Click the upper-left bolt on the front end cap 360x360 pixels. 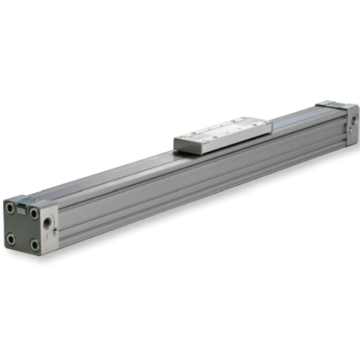pyautogui.click(x=10, y=209)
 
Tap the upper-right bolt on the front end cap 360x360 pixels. pyautogui.click(x=34, y=213)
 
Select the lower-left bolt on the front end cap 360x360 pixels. pyautogui.click(x=10, y=238)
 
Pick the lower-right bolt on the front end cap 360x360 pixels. pyautogui.click(x=34, y=245)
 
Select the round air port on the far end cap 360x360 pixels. pyautogui.click(x=351, y=119)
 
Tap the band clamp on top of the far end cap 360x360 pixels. pyautogui.click(x=333, y=105)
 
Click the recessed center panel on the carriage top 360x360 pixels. pyautogui.click(x=222, y=131)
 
